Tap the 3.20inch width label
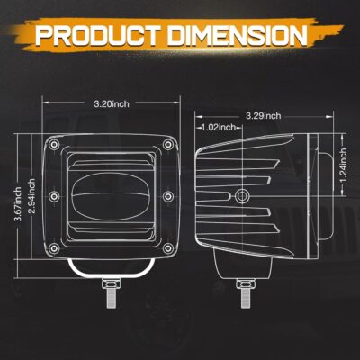(x=109, y=103)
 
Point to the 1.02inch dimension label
(x=220, y=128)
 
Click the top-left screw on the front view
(x=55, y=145)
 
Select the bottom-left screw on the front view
(x=55, y=247)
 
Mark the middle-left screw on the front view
(x=55, y=196)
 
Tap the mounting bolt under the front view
(x=111, y=292)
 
